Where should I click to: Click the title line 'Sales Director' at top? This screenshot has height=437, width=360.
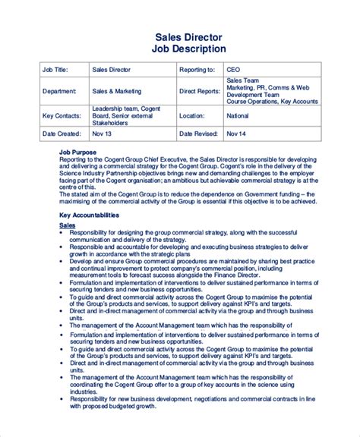pos(191,36)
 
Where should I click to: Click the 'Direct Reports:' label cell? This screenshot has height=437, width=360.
pos(199,91)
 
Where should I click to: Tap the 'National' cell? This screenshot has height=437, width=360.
pos(237,115)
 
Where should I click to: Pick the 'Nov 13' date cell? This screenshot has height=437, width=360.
pos(102,134)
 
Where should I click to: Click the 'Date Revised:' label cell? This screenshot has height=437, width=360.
pos(199,134)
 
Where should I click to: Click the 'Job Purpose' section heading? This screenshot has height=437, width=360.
pos(79,152)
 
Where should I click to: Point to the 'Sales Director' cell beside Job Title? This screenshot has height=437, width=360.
pos(112,69)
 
